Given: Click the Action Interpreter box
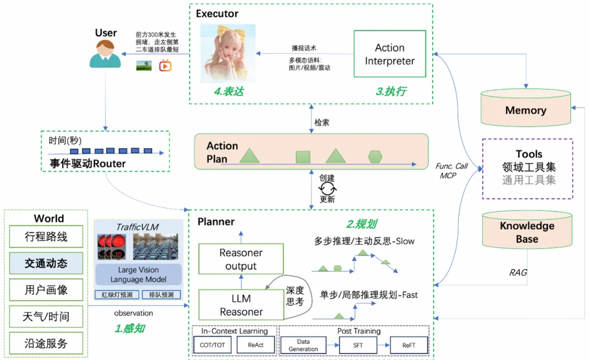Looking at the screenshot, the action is (389, 54).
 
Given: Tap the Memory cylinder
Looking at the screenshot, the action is (526, 108).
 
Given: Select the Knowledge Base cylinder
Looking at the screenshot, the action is (527, 230).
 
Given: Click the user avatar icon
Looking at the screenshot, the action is (105, 54).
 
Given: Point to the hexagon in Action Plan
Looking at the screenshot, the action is (375, 157).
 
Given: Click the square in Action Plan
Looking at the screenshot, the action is (303, 157).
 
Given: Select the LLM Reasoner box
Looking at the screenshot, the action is (241, 305).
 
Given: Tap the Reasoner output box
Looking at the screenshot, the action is (241, 259).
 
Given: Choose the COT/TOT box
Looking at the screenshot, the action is (212, 345).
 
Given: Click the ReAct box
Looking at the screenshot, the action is (255, 345).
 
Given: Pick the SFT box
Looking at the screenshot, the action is (358, 345).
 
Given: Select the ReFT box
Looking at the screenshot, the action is (408, 345).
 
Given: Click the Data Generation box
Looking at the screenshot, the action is (303, 345).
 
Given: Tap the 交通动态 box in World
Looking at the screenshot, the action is (46, 263).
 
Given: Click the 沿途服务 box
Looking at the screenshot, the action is (46, 343).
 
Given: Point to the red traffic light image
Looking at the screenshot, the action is (112, 247).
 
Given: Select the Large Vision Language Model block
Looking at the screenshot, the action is (138, 274).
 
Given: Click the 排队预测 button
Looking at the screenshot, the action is (161, 295).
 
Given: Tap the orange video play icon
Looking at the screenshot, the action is (165, 66).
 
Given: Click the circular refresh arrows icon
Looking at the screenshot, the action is (327, 189).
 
